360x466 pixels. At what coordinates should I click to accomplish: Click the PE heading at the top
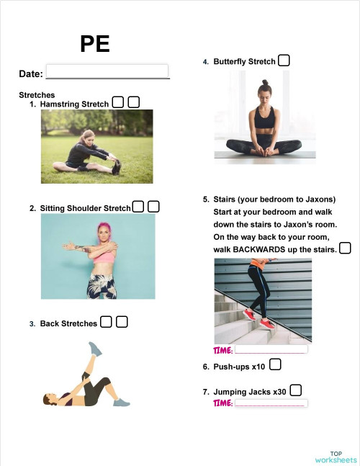95,44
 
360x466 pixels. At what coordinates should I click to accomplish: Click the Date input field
107,71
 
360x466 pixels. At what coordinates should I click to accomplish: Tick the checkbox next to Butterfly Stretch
284,61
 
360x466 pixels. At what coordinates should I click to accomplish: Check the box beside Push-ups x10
275,365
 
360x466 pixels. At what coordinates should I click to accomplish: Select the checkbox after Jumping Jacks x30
296,390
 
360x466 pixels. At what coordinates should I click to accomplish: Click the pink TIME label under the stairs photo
223,350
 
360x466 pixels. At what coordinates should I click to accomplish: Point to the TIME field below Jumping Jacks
270,403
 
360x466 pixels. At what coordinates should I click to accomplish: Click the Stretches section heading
37,94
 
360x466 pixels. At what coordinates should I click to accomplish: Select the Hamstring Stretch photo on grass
97,146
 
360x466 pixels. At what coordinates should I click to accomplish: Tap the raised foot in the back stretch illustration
95,349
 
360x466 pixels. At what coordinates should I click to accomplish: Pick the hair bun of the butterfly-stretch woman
264,83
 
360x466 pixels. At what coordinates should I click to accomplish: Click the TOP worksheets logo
336,456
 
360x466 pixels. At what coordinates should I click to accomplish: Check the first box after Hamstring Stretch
118,103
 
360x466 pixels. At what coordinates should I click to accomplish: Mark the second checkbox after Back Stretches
122,322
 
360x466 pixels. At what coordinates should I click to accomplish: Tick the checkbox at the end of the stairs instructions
345,248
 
